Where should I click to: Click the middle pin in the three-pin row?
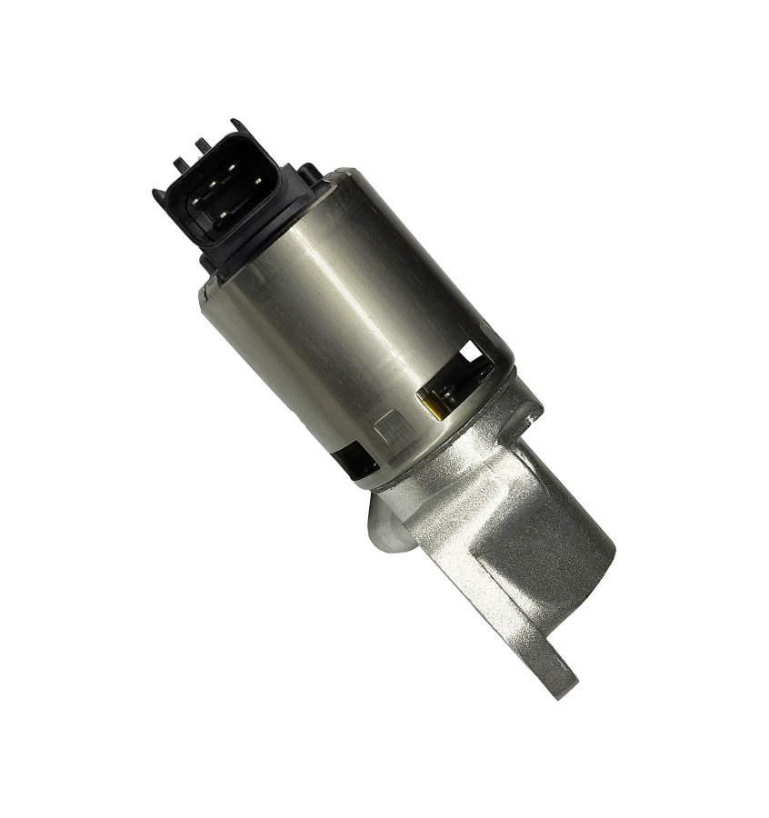pyautogui.click(x=213, y=185)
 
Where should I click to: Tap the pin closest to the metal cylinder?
pyautogui.click(x=258, y=181)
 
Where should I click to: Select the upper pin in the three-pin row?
pyautogui.click(x=232, y=167)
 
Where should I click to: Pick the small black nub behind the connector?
pyautogui.click(x=309, y=171)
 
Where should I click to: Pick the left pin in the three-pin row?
pyautogui.click(x=195, y=202)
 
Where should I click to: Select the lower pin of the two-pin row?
pyautogui.click(x=224, y=214)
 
